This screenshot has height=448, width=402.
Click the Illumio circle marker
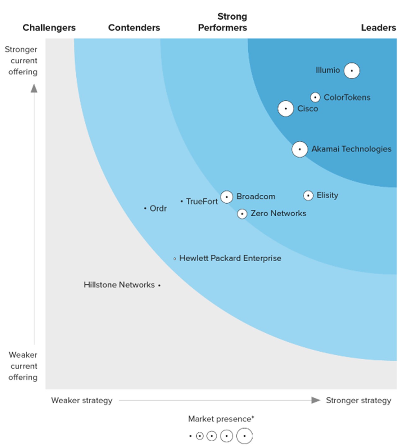click(352, 71)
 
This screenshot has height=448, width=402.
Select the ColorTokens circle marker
click(315, 97)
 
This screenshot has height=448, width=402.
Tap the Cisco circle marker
click(286, 109)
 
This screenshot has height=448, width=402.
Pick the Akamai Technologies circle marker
click(300, 149)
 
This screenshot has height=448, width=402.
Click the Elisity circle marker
click(308, 196)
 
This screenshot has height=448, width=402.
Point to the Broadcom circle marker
click(227, 197)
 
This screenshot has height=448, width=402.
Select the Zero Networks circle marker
click(242, 214)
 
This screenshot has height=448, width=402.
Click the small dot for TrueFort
click(182, 202)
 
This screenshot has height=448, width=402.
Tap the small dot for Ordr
click(145, 208)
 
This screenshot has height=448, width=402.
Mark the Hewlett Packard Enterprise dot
click(175, 259)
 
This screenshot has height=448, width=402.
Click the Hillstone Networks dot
click(159, 285)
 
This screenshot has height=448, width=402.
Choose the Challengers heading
click(49, 28)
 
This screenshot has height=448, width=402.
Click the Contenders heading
click(134, 28)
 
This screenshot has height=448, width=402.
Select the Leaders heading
click(378, 28)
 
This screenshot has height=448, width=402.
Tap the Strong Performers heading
click(223, 22)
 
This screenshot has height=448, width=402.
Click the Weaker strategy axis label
click(82, 400)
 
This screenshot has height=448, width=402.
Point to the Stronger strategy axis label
click(358, 400)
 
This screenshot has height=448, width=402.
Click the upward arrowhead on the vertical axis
click(34, 88)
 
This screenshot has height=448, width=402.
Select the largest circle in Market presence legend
click(244, 436)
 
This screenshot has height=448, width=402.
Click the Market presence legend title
click(221, 419)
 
